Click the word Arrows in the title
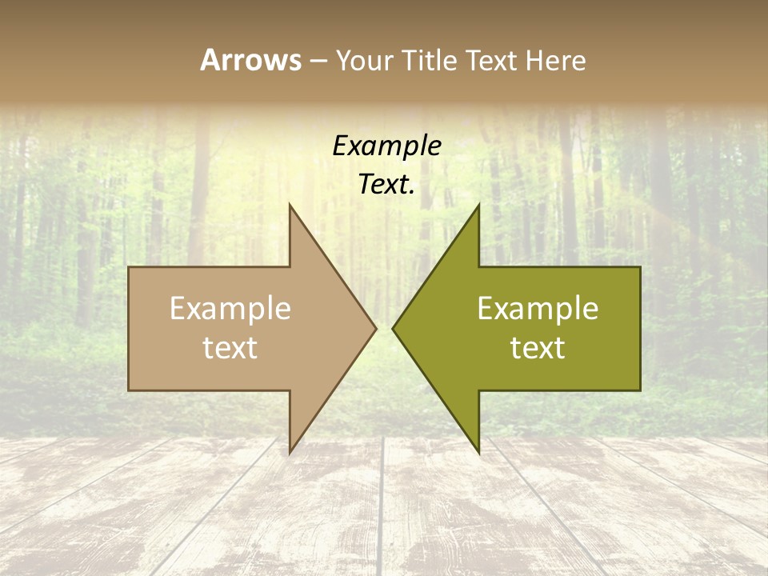click(250, 60)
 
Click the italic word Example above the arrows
click(386, 146)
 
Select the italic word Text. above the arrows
click(386, 185)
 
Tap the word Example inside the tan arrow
click(230, 309)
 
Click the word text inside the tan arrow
click(230, 347)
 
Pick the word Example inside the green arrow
click(538, 309)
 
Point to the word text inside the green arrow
click(538, 347)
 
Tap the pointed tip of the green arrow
click(394, 328)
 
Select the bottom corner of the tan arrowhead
click(290, 450)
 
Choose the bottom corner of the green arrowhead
click(478, 450)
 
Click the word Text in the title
click(491, 60)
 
